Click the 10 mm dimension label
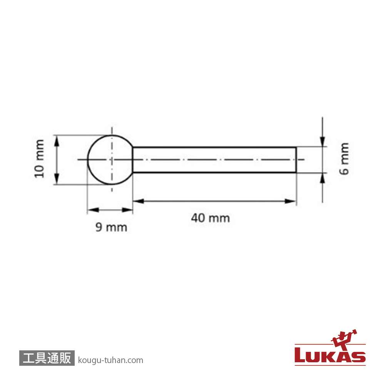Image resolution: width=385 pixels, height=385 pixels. [40, 158]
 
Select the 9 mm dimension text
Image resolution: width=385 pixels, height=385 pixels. [111, 227]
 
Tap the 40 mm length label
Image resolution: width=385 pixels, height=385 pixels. [211, 218]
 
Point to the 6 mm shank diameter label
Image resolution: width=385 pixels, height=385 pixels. [344, 159]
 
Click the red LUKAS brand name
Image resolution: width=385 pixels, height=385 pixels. [330, 355]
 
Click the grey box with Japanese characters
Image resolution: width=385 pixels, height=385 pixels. [47, 358]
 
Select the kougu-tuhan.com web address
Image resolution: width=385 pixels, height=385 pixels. [110, 360]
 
